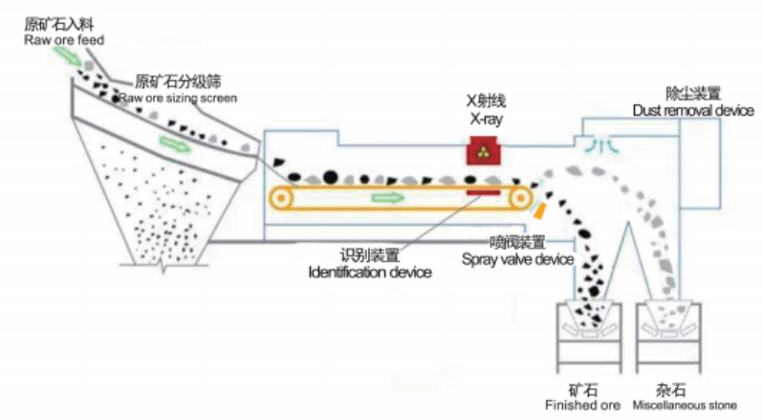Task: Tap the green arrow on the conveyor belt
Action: (x=388, y=197)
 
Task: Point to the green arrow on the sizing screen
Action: (x=175, y=144)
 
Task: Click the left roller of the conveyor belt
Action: (x=281, y=199)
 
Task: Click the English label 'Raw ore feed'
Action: (x=64, y=40)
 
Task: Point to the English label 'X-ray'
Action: (x=485, y=119)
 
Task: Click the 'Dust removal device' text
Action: (x=693, y=111)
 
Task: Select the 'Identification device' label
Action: (x=370, y=273)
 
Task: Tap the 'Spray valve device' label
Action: (x=517, y=259)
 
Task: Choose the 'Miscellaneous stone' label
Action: (x=685, y=405)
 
